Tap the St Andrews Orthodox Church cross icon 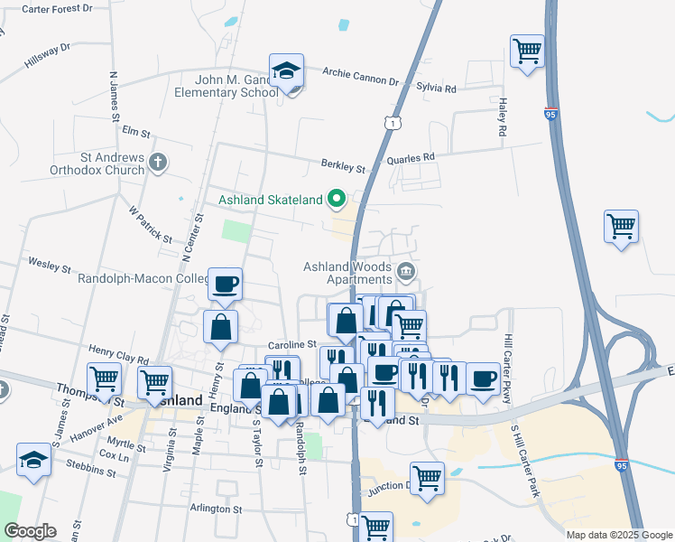point(159,164)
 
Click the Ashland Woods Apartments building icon point(405,269)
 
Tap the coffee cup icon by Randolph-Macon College point(226,284)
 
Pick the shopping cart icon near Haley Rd point(527,51)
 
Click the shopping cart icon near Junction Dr point(427,478)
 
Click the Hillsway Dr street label point(48,54)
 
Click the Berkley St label point(343,166)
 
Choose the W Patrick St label point(149,225)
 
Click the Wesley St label point(50,267)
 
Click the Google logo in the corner point(30,531)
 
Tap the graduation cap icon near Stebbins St point(34,460)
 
